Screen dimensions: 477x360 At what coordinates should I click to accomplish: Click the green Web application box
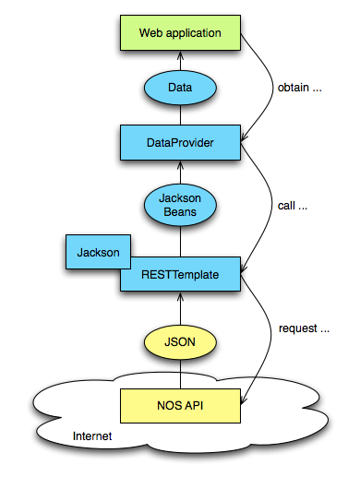[x=180, y=33]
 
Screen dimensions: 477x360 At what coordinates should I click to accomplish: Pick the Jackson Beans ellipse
[x=180, y=204]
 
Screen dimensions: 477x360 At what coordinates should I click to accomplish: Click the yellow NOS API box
[x=180, y=404]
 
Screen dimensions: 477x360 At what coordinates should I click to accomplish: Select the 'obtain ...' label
[x=300, y=89]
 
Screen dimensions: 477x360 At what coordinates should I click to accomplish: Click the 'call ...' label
[x=292, y=207]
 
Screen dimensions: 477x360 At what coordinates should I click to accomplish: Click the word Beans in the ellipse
[x=180, y=211]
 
